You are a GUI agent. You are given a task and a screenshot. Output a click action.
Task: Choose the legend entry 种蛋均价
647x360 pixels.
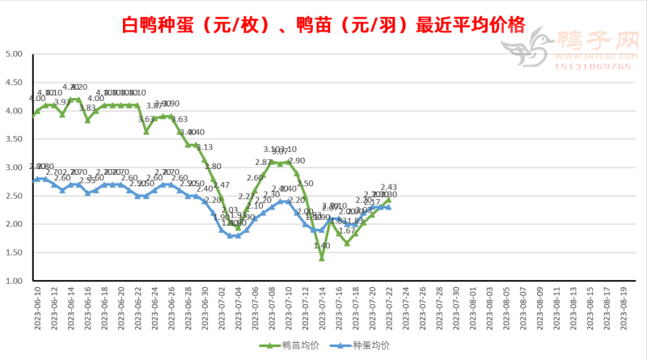coord(369,345)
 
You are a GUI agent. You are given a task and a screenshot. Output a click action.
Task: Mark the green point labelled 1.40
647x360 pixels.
coord(321,258)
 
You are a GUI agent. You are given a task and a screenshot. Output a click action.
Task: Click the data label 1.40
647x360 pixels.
coord(322,246)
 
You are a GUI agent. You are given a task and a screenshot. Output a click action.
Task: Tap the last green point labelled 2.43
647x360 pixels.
coord(388,200)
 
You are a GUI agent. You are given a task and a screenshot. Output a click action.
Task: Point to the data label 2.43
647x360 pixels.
coord(388,188)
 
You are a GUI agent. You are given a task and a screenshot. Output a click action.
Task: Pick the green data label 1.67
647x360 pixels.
coord(346,231)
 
